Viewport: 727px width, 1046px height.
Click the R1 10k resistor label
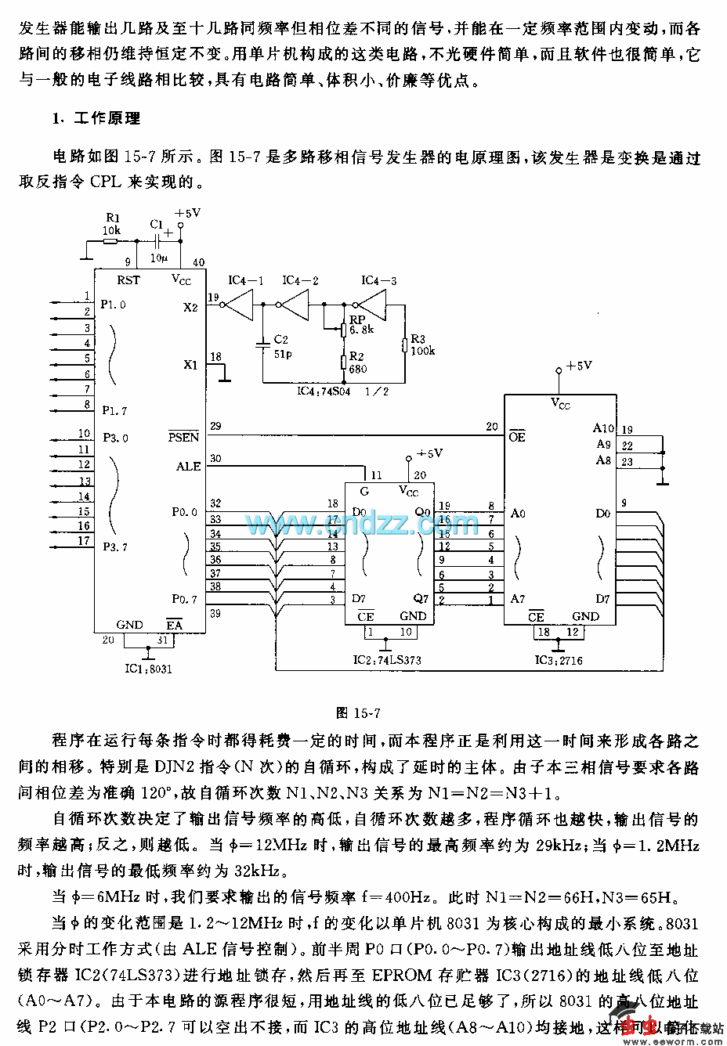[x=112, y=225]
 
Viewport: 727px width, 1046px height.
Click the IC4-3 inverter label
[x=378, y=280]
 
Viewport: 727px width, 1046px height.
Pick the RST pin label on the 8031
[x=128, y=280]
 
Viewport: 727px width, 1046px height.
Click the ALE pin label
[x=188, y=466]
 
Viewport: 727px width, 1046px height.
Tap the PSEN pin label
[x=184, y=436]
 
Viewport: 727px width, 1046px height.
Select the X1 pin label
[x=190, y=364]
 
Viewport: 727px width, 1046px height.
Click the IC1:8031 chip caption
[x=148, y=669]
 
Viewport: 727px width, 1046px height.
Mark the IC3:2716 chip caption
[x=559, y=660]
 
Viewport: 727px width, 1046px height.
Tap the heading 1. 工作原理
[x=96, y=119]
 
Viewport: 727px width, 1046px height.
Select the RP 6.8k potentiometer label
[x=360, y=324]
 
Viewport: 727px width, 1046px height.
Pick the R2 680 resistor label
[x=358, y=363]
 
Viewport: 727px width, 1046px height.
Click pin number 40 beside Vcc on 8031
[x=198, y=262]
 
